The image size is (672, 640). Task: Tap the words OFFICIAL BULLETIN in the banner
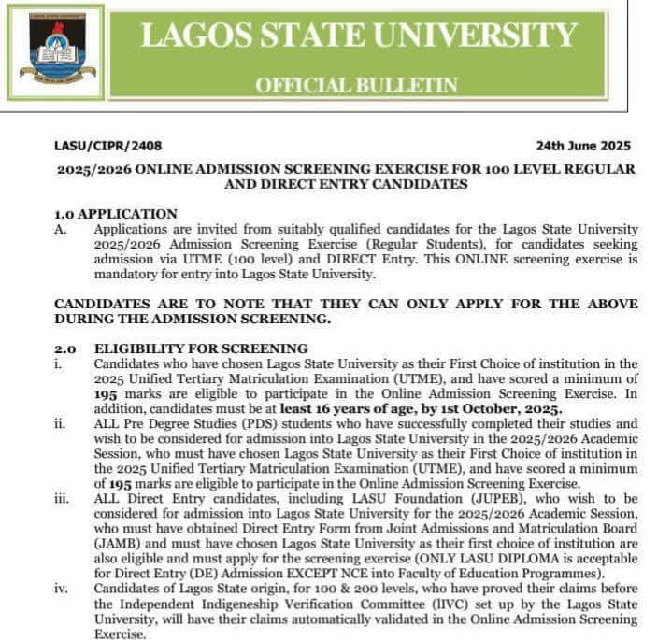357,85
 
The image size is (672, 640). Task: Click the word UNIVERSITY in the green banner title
478,35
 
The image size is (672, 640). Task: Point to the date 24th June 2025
583,146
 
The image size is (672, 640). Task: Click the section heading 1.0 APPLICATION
116,214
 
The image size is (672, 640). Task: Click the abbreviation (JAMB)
118,543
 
